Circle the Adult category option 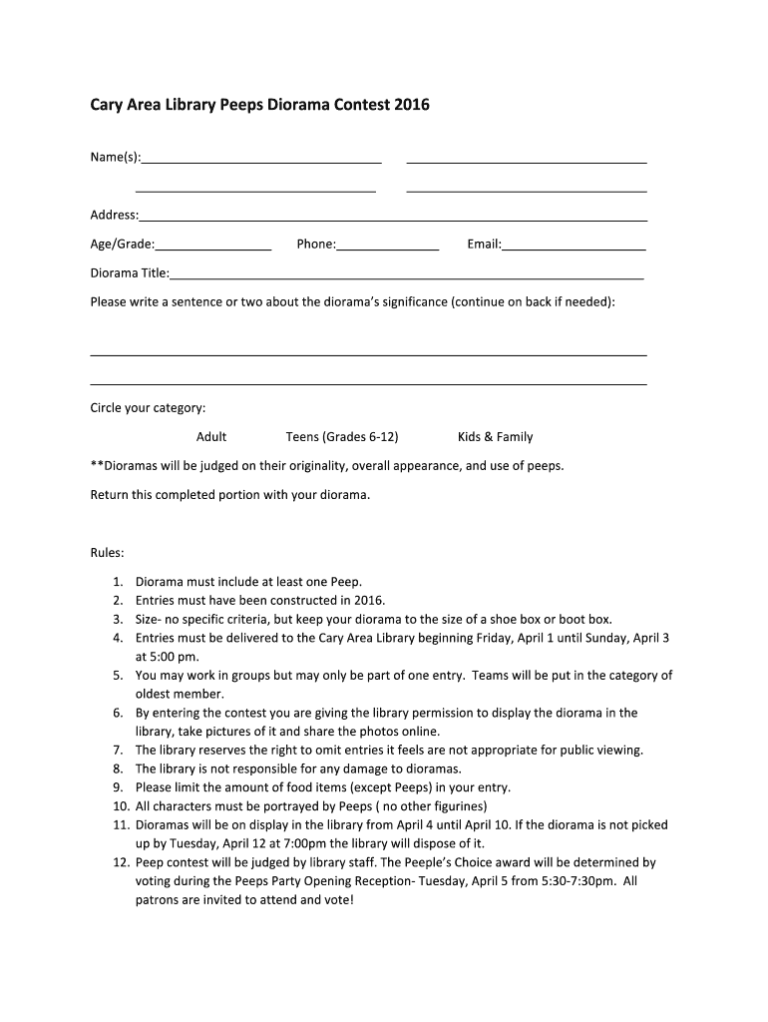pos(211,437)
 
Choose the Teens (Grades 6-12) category pos(342,437)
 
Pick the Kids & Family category pos(495,437)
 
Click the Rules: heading pos(108,552)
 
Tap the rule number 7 pos(117,751)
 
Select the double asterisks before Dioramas pos(97,465)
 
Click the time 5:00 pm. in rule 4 pos(167,657)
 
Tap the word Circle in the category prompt pos(108,408)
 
